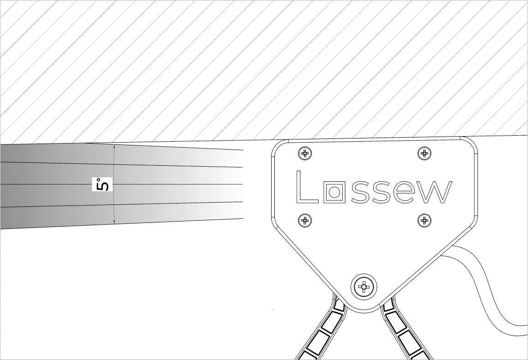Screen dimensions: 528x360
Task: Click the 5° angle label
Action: point(102,184)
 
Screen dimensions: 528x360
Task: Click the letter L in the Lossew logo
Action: point(307,187)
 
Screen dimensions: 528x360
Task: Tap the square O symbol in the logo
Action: point(334,192)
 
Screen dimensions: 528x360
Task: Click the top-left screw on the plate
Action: point(305,154)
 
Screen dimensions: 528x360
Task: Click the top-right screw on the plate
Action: point(424,154)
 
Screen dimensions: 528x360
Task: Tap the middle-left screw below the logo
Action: point(305,221)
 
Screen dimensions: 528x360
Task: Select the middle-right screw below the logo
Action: point(424,221)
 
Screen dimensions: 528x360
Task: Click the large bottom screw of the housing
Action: point(364,287)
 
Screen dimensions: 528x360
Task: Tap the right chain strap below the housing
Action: point(404,329)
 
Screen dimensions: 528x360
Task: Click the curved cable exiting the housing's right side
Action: point(485,289)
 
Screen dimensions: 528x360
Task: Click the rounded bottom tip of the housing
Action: point(364,310)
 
